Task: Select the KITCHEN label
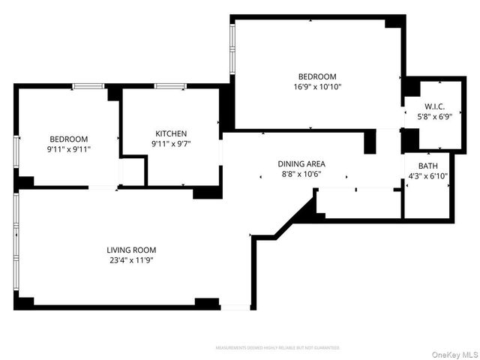tap(171, 133)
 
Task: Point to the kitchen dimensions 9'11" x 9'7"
tap(171, 144)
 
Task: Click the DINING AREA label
tap(301, 163)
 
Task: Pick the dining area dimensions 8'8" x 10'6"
tap(301, 175)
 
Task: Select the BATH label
tap(427, 166)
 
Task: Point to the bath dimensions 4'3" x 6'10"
tap(427, 176)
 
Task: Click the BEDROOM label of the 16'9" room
tap(317, 76)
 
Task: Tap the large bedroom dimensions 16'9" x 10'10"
tap(317, 87)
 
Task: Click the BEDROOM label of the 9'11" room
tap(69, 139)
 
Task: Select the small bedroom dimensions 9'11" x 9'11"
tap(69, 149)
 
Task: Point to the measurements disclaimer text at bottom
tap(277, 348)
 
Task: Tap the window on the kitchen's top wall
tap(170, 86)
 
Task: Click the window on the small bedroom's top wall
tap(88, 86)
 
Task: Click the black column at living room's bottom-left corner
tap(25, 301)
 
